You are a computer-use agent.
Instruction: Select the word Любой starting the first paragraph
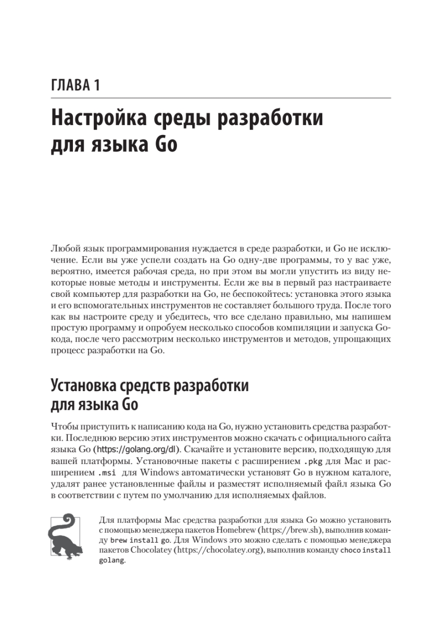(x=65, y=248)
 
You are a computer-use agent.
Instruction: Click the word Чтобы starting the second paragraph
(x=65, y=427)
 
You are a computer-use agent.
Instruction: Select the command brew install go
(x=136, y=540)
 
